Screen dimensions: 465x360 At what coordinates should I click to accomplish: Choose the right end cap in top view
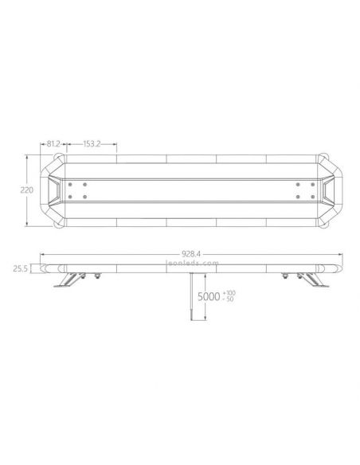[327, 190]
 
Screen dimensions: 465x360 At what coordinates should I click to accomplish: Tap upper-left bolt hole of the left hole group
[70, 184]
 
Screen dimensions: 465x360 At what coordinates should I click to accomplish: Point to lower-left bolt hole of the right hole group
[296, 197]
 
